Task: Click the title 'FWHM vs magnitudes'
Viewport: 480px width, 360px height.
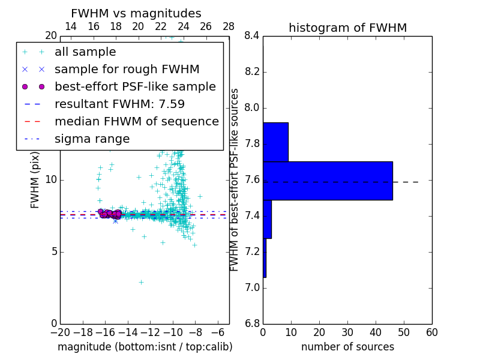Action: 136,13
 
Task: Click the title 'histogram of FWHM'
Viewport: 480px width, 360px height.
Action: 347,28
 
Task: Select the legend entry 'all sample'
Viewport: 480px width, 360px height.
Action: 85,52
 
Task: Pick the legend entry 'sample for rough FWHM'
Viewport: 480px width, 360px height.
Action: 127,70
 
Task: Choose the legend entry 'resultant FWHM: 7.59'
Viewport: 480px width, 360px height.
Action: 119,104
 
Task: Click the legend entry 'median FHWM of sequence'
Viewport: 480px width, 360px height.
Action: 136,122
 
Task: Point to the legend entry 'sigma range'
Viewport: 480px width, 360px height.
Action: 92,139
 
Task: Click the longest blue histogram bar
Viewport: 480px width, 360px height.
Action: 328,181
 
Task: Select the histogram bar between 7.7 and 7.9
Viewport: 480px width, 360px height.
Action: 275,142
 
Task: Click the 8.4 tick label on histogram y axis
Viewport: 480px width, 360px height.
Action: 252,36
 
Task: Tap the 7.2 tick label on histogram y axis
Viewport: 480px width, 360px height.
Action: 252,252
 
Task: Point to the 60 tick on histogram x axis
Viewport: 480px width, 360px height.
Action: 431,332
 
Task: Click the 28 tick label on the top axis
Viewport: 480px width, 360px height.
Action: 229,26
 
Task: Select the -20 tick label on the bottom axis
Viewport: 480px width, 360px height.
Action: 60,332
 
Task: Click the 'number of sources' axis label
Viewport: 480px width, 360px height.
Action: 347,347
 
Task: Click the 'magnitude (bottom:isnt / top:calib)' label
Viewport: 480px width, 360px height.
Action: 145,347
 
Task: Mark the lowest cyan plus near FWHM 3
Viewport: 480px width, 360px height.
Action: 141,282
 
